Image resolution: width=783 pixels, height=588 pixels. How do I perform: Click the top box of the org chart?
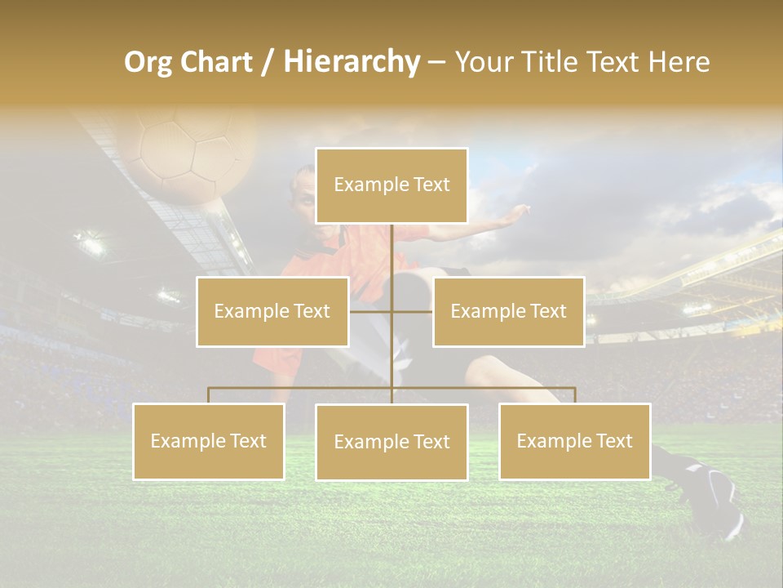tap(391, 185)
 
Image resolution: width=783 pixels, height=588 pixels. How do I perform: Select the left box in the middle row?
tap(272, 311)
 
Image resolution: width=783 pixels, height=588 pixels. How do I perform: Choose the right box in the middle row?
tap(508, 311)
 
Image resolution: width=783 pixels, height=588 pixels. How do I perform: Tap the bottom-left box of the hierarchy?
tap(209, 441)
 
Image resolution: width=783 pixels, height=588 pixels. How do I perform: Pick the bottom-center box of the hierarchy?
tap(391, 442)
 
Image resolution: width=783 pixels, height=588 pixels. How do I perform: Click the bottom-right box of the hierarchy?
tap(575, 441)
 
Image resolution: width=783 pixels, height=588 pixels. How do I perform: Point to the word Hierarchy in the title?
tap(351, 62)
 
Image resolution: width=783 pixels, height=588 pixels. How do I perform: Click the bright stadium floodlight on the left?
tap(91, 243)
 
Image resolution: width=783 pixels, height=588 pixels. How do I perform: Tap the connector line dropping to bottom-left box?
tap(209, 395)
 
